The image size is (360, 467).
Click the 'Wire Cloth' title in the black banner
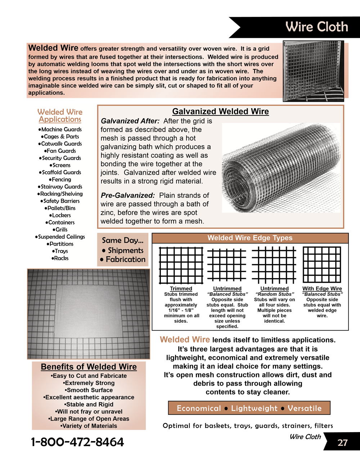pyautogui.click(x=316, y=27)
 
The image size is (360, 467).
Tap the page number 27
pyautogui.click(x=342, y=443)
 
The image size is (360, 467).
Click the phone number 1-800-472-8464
pyautogui.click(x=77, y=442)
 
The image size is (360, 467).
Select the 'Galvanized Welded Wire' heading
pyautogui.click(x=220, y=112)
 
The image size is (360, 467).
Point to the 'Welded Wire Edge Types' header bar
pyautogui.click(x=250, y=238)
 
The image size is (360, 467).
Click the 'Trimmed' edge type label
pyautogui.click(x=181, y=289)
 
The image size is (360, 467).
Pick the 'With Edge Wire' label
pyautogui.click(x=322, y=289)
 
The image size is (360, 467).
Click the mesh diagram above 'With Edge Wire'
pyautogui.click(x=322, y=264)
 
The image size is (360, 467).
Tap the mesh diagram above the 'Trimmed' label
pyautogui.click(x=181, y=265)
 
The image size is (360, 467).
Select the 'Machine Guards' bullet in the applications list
pyautogui.click(x=60, y=130)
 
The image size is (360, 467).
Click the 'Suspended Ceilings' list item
pyautogui.click(x=60, y=237)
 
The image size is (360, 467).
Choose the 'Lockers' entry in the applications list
pyautogui.click(x=60, y=215)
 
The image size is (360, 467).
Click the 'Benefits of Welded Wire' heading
pyautogui.click(x=89, y=367)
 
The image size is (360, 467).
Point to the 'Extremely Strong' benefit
pyautogui.click(x=89, y=383)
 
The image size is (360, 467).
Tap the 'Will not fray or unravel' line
pyautogui.click(x=89, y=412)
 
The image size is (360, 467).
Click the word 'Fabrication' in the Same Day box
pyautogui.click(x=126, y=259)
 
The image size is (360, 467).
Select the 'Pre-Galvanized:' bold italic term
pyautogui.click(x=128, y=195)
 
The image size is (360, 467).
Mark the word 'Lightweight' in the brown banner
pyautogui.click(x=254, y=408)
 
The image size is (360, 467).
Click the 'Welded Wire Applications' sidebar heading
pyautogui.click(x=60, y=115)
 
